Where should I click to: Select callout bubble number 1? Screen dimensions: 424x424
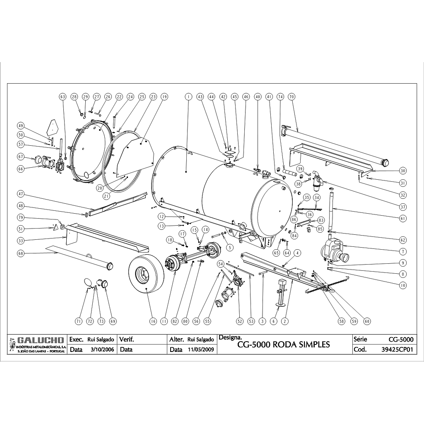click(188, 96)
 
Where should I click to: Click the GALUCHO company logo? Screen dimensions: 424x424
click(36, 340)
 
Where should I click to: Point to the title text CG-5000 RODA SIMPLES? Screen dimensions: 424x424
click(284, 345)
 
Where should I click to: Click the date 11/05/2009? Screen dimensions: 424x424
click(200, 349)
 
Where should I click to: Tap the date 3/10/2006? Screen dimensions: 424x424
click(98, 349)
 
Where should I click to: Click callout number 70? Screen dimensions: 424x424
click(291, 96)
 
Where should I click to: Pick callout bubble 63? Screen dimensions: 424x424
click(63, 96)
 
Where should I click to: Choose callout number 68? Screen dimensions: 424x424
click(20, 253)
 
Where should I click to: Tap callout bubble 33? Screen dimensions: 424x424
click(20, 240)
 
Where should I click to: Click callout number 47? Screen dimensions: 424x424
click(20, 193)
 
